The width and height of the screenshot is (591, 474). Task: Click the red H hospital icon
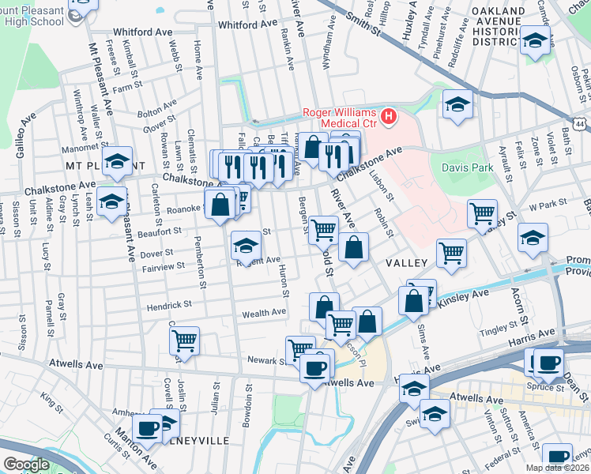(388, 118)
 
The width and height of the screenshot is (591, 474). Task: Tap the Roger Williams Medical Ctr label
(340, 118)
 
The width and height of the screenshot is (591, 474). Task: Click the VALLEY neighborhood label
(406, 262)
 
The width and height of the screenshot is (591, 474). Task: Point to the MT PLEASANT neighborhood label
(96, 167)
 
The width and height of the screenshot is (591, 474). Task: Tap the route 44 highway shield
(581, 125)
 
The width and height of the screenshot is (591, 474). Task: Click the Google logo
(26, 465)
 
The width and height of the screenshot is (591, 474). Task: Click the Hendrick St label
(168, 304)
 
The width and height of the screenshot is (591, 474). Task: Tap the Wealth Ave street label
(264, 313)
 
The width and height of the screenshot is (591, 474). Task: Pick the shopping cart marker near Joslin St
(184, 340)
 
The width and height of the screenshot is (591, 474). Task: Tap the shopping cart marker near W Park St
(482, 213)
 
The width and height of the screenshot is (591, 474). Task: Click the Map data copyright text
(559, 467)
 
